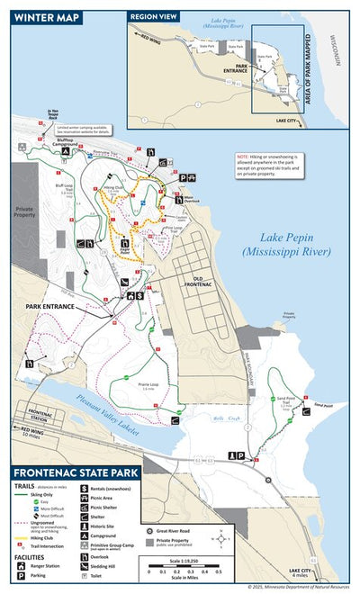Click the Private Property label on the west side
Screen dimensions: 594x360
22,212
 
